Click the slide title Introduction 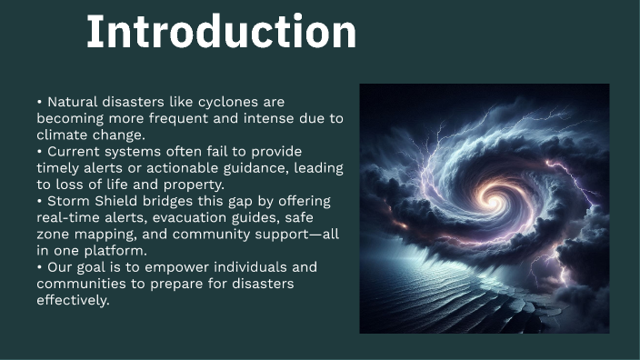221,33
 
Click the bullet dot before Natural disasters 40,102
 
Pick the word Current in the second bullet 72,151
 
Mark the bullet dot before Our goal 40,267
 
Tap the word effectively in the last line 74,300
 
